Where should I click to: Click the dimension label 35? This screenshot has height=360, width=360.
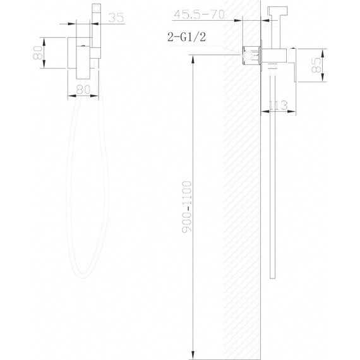pos(116,18)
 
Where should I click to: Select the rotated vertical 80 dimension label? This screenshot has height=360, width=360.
pos(38,53)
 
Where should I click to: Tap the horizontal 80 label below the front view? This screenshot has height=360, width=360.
pos(83,90)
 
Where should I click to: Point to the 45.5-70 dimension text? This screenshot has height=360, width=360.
pos(199,15)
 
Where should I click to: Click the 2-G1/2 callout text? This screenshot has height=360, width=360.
pos(187,37)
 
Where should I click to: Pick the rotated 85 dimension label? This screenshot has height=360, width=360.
pos(316,65)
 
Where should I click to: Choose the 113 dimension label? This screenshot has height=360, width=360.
pos(278,105)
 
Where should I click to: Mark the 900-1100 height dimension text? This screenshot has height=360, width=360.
pos(186,207)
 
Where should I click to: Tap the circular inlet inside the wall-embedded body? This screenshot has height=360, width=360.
pos(248,56)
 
